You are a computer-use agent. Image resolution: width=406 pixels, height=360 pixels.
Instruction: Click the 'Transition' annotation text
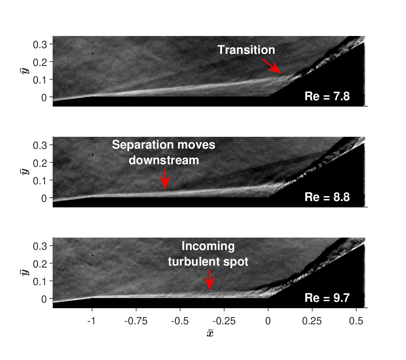coord(246,50)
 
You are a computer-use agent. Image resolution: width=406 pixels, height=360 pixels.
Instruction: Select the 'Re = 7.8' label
coord(327,96)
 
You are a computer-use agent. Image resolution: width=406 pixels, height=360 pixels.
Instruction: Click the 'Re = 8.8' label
coord(327,197)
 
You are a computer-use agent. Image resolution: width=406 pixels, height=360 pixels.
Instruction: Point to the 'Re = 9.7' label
coord(327,298)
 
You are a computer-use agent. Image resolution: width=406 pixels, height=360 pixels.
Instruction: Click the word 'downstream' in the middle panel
coord(164,160)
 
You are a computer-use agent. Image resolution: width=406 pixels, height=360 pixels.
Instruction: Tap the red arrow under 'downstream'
coord(165,179)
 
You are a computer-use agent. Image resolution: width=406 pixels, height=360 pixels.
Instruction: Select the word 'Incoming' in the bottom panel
coord(208,246)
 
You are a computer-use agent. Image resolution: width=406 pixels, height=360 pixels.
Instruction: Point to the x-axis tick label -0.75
coord(136,321)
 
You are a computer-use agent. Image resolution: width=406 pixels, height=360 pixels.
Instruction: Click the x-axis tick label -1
coord(91,321)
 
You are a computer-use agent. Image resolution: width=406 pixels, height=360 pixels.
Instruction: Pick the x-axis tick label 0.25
coord(312,321)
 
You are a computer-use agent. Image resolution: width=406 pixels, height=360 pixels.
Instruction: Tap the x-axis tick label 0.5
coord(356,321)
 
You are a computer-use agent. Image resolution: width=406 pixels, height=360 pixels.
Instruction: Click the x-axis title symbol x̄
coord(210,333)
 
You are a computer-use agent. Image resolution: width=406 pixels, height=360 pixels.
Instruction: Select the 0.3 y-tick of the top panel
coord(40,45)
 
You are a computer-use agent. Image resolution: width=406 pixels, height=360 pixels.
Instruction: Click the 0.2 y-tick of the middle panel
coord(40,163)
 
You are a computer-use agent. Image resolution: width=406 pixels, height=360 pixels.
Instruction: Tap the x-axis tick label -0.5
coord(180,321)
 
